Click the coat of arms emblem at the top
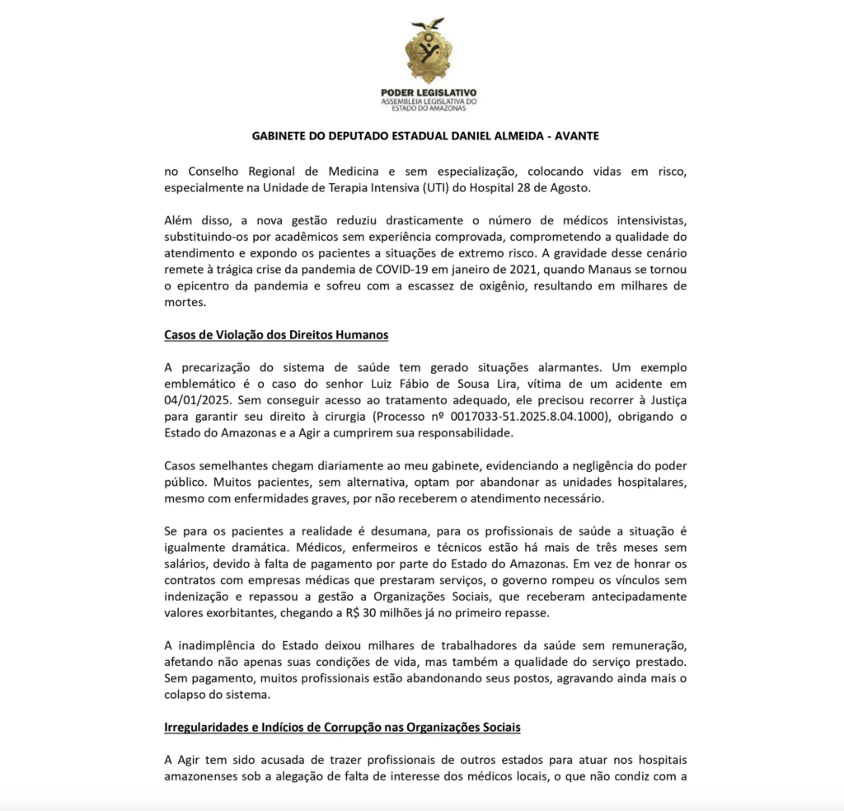pos(428,50)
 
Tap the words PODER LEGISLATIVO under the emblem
pos(429,92)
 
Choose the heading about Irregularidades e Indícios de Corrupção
pos(342,728)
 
